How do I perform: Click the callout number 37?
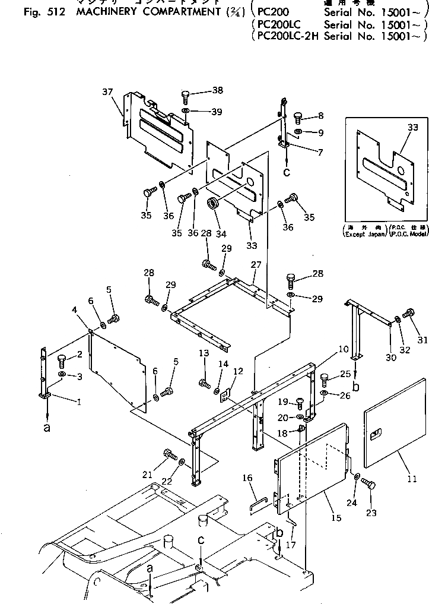[107, 91]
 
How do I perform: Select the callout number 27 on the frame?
[255, 264]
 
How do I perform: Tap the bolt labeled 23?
[367, 485]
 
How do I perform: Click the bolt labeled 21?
[170, 456]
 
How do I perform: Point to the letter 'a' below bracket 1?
[47, 429]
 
